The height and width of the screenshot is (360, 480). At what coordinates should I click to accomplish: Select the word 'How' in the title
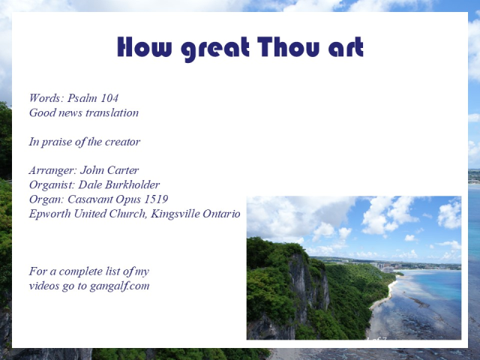tap(142, 47)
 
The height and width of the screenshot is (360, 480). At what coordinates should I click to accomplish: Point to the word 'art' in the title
tap(346, 49)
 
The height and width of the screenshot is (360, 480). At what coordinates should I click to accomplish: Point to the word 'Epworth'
tap(49, 214)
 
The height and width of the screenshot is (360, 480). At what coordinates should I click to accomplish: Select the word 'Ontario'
tap(222, 214)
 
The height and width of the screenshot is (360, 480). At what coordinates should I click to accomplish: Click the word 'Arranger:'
tap(52, 170)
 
